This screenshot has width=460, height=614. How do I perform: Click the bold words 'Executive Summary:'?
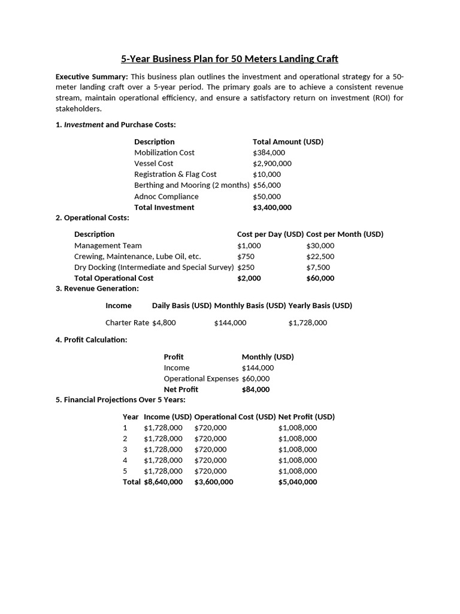coord(92,77)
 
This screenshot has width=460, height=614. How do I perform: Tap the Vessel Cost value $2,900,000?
coord(272,164)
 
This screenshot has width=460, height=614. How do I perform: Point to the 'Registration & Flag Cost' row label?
coord(175,174)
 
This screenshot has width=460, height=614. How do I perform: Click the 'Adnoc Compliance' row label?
coord(166,197)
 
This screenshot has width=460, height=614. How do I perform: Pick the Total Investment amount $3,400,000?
coord(272,207)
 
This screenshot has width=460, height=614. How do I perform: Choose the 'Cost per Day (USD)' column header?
coord(270,234)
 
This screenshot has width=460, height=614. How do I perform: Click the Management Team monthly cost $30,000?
coord(320,246)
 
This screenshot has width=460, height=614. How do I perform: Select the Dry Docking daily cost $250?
coord(246,267)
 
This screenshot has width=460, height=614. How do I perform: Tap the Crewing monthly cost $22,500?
coord(320,257)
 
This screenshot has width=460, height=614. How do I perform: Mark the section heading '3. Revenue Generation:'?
coord(97,289)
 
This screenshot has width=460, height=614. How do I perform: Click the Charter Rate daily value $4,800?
coord(164,323)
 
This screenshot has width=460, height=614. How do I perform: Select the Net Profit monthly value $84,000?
coord(256,390)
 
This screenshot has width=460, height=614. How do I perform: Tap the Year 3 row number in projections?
coord(125,450)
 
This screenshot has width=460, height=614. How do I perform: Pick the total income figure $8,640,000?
coord(163,482)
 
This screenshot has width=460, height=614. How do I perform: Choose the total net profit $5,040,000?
coord(298,482)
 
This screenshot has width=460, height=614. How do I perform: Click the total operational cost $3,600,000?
coord(213,482)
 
